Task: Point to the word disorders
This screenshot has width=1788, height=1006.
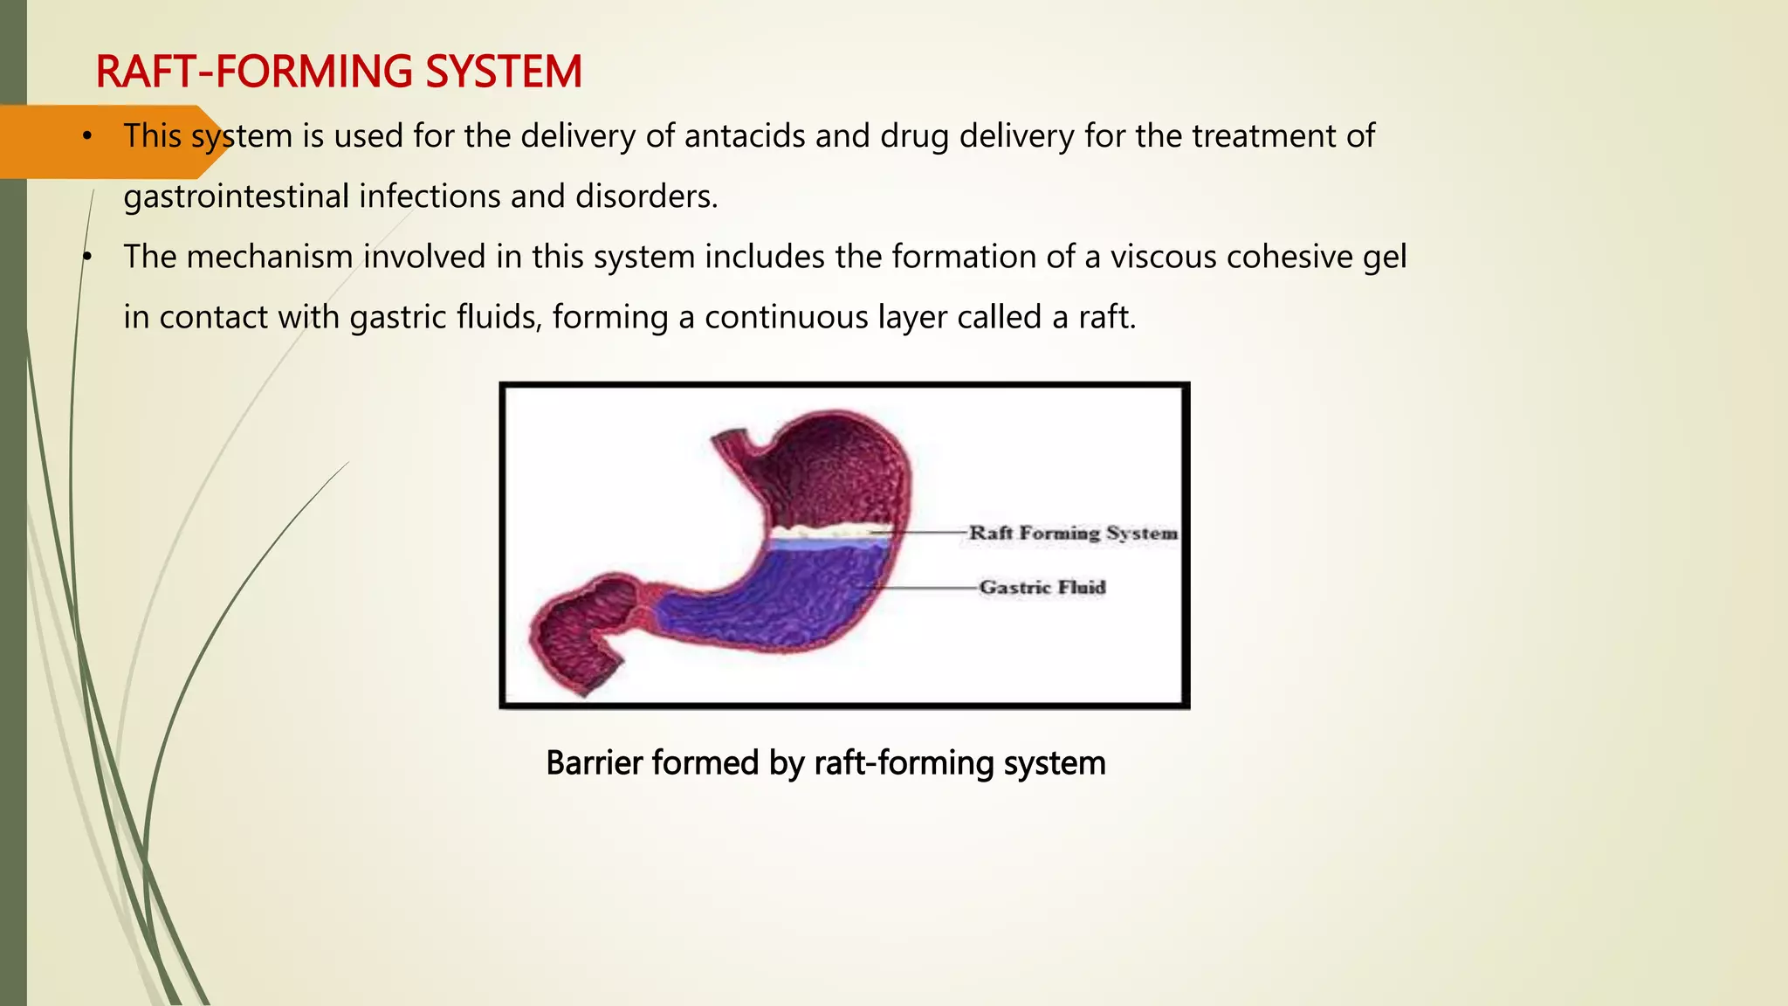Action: (x=646, y=196)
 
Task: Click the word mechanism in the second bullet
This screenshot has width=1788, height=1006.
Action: (x=269, y=257)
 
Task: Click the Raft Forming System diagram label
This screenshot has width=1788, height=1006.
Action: (x=1073, y=533)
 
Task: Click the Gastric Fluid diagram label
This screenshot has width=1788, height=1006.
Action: (x=1042, y=587)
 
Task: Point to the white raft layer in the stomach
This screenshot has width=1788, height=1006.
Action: (x=829, y=530)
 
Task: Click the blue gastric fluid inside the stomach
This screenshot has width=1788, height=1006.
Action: (x=786, y=594)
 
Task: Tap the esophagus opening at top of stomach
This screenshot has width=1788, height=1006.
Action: (x=729, y=437)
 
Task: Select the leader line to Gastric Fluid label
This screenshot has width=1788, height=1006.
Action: (x=925, y=587)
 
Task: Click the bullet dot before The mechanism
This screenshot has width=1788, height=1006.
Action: (x=86, y=257)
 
